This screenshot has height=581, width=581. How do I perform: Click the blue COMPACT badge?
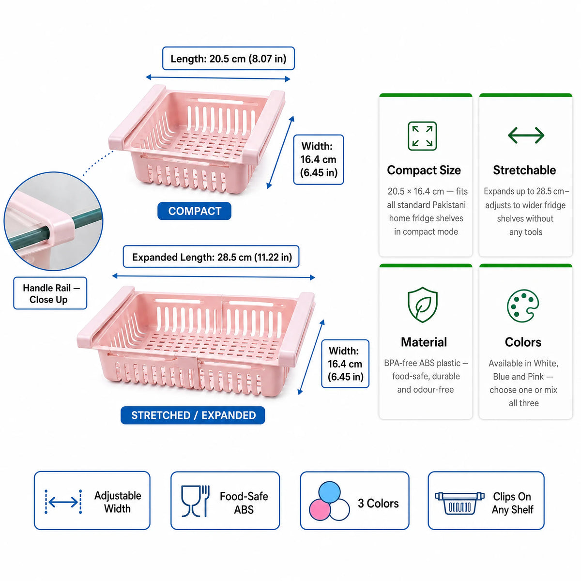tap(194, 211)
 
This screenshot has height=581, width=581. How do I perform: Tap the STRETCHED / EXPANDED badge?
tap(193, 415)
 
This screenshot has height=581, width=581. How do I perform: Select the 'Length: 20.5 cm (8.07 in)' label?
tap(228, 59)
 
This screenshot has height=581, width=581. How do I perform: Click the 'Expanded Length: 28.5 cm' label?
tap(211, 257)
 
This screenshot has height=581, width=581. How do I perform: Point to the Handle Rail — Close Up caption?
tap(50, 293)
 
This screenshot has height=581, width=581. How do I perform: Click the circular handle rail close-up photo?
tap(54, 221)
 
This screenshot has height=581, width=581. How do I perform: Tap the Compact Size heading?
tap(424, 170)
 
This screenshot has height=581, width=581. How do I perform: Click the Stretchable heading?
tap(524, 170)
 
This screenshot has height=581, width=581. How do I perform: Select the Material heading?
tap(424, 342)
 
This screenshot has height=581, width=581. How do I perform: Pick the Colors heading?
tap(523, 342)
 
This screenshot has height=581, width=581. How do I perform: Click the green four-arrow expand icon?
tap(422, 136)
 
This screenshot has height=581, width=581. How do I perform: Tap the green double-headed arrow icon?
tap(526, 135)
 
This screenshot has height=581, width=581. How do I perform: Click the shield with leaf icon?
tap(422, 305)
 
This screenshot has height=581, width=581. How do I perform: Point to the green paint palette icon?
tap(522, 306)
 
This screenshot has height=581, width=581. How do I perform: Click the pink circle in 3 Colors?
tap(320, 510)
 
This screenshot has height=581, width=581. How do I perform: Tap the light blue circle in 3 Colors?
tap(330, 492)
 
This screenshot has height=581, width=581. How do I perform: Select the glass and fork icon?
tap(195, 501)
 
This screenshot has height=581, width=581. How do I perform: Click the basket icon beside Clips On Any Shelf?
tap(459, 503)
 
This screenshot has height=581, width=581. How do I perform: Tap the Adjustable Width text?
tap(118, 502)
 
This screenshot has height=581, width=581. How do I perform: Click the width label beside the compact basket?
tap(319, 159)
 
